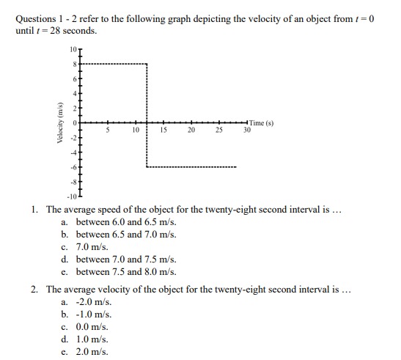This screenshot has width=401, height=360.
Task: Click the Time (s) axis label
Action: [x=261, y=122]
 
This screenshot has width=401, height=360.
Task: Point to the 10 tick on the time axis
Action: [x=136, y=130]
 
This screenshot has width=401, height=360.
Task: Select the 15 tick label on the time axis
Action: [x=163, y=130]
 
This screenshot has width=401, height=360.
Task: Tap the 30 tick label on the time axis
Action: [x=247, y=130]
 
